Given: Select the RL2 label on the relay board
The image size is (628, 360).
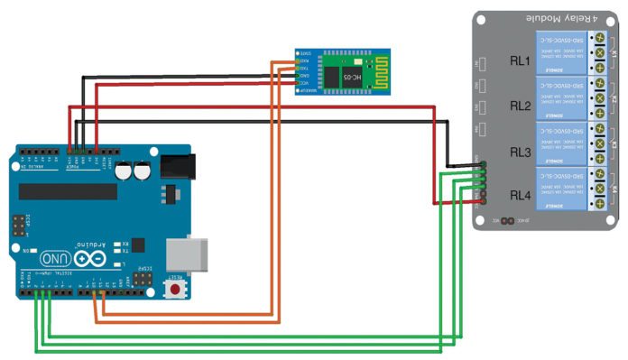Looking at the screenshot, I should pyautogui.click(x=520, y=106).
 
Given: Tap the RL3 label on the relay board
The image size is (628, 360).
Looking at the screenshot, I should pyautogui.click(x=520, y=152).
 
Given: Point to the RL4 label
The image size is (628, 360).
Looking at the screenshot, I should pyautogui.click(x=520, y=194).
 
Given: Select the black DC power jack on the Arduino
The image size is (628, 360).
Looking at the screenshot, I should pyautogui.click(x=178, y=164).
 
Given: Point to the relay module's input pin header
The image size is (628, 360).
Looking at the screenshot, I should pyautogui.click(x=485, y=179).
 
